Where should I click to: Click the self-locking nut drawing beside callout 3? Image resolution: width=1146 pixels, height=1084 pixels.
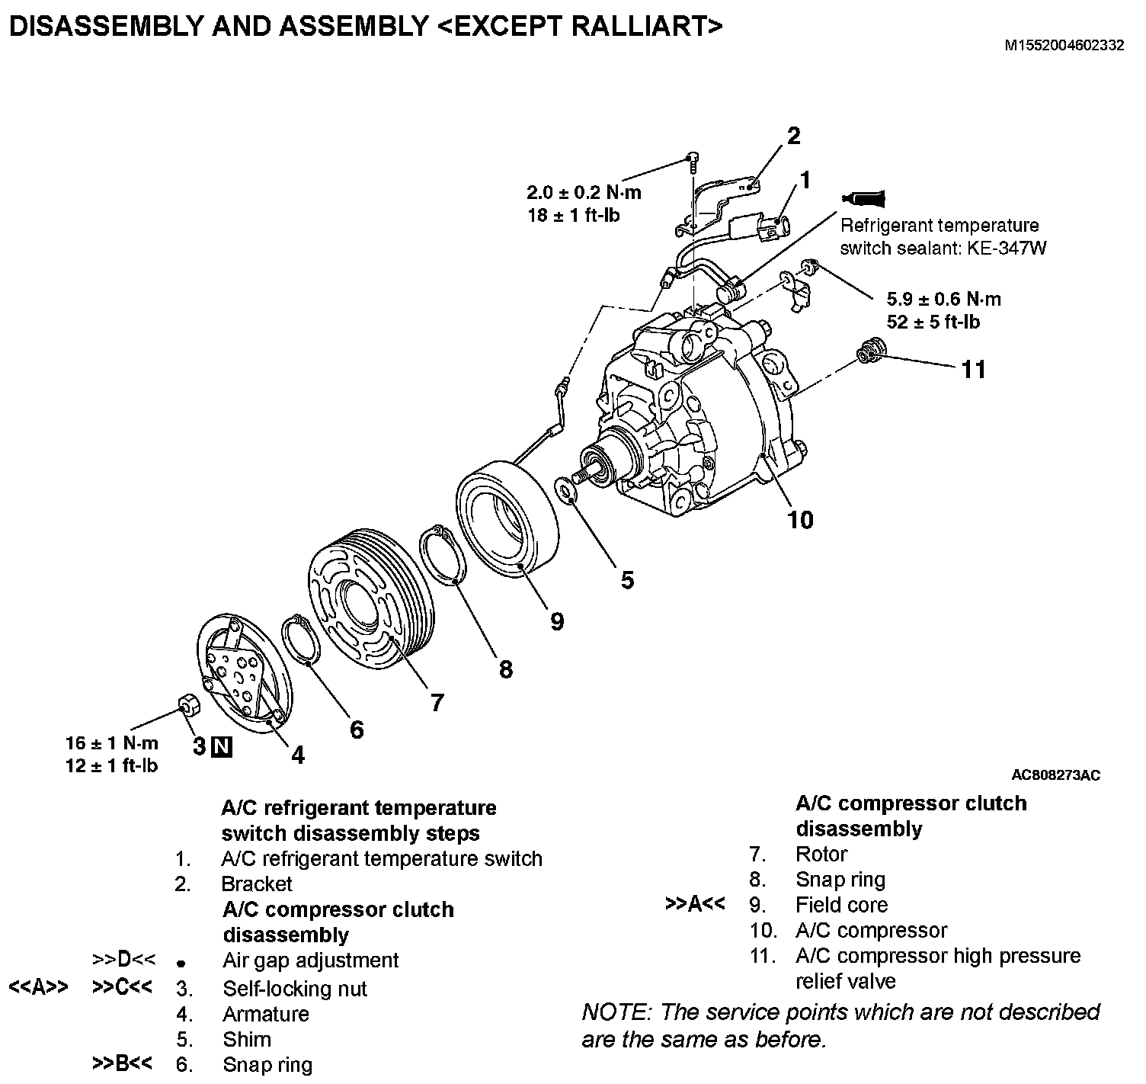(x=188, y=704)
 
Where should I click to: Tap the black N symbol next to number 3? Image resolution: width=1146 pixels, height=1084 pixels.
(x=222, y=746)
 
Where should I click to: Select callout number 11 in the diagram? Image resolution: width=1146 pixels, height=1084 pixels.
(x=973, y=370)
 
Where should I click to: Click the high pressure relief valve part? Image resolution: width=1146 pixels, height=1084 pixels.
(x=869, y=353)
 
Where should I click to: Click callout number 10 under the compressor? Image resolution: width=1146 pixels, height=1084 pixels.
(x=800, y=520)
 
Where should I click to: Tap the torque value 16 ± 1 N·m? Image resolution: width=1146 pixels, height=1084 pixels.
(x=113, y=742)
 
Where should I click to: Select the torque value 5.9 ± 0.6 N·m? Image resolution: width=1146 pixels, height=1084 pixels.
(x=944, y=299)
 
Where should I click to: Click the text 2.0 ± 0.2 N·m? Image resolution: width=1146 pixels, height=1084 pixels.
(x=584, y=193)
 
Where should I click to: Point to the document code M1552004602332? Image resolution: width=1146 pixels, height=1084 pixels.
(x=1064, y=45)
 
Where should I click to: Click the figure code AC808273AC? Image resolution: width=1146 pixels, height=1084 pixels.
(x=1055, y=775)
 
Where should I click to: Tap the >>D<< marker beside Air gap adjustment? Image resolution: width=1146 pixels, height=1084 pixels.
(x=123, y=960)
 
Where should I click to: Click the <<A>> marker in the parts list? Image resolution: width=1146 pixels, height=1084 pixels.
(x=38, y=987)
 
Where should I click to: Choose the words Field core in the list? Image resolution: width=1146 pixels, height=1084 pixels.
(x=841, y=905)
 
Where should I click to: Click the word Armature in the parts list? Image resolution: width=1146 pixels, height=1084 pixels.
(x=265, y=1014)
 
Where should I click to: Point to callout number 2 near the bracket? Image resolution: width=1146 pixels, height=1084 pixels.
(x=793, y=136)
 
